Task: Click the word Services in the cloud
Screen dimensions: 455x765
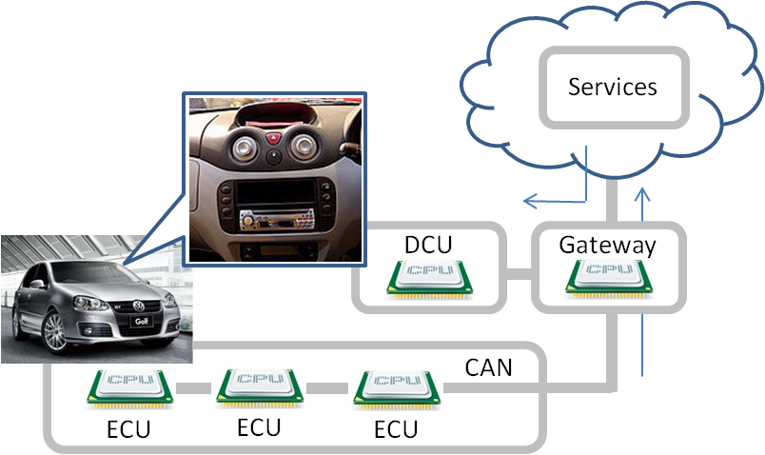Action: point(613,88)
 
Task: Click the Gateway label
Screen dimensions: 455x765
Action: point(607,245)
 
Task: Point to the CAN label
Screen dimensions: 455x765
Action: point(488,367)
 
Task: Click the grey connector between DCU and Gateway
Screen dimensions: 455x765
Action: point(518,275)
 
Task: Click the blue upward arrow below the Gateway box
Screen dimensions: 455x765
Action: point(644,347)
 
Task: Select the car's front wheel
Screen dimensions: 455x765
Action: point(54,331)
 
